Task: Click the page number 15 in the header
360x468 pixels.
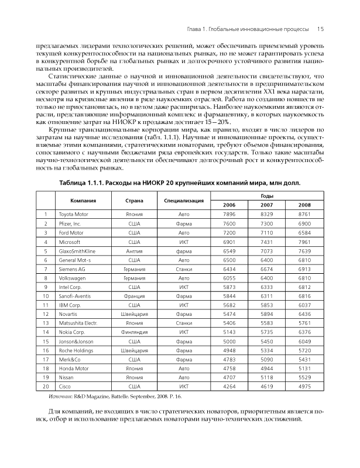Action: (321, 27)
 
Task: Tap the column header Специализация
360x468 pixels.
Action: (183, 201)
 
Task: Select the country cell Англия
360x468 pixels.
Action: (135, 251)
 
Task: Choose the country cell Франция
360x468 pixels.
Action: (135, 297)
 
